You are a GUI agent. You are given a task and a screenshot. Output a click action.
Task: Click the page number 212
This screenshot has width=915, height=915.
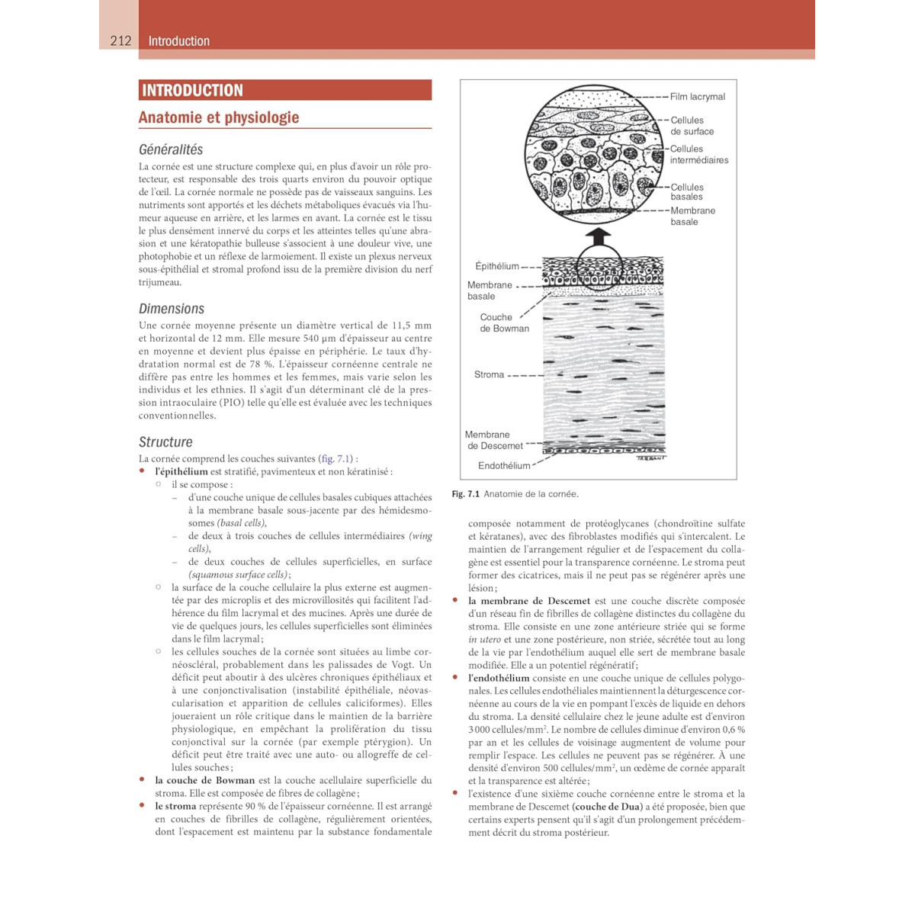point(120,41)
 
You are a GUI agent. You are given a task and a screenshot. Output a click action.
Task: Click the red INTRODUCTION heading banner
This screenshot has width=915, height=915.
point(284,90)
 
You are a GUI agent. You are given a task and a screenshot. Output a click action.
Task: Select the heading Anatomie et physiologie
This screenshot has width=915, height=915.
point(219,117)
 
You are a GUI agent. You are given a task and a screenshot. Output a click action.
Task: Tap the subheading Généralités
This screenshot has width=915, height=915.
point(171,149)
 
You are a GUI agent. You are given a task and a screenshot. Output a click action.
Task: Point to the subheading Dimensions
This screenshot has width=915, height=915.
point(172,309)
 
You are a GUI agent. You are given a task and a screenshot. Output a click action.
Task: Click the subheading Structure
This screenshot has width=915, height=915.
point(165,442)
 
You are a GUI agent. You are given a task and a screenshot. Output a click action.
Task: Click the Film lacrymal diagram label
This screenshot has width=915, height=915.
point(697,97)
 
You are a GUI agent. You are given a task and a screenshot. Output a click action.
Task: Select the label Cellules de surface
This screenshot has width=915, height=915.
point(692,126)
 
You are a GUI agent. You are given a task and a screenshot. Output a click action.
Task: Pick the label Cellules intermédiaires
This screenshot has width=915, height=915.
point(698,155)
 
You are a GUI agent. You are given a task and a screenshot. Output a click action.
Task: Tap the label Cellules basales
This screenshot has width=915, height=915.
point(687,192)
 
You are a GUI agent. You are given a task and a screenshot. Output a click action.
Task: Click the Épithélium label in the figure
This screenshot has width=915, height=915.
point(496,266)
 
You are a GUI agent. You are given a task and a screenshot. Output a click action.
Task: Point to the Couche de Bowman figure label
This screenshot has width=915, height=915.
point(503,323)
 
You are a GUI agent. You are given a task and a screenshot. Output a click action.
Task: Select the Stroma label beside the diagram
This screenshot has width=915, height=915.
point(489,374)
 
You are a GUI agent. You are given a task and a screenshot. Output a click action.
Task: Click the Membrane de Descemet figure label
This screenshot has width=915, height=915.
point(493,440)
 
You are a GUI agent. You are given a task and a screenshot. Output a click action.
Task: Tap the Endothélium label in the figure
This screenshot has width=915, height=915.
point(503,466)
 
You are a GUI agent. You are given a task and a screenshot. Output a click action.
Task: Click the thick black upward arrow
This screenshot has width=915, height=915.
point(602,236)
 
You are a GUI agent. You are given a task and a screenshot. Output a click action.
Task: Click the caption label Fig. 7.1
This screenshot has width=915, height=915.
point(465,494)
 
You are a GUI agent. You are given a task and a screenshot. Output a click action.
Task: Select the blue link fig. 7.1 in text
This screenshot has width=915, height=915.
point(335,459)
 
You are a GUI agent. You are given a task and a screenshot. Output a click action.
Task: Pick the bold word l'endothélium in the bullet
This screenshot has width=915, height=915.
point(498,678)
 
